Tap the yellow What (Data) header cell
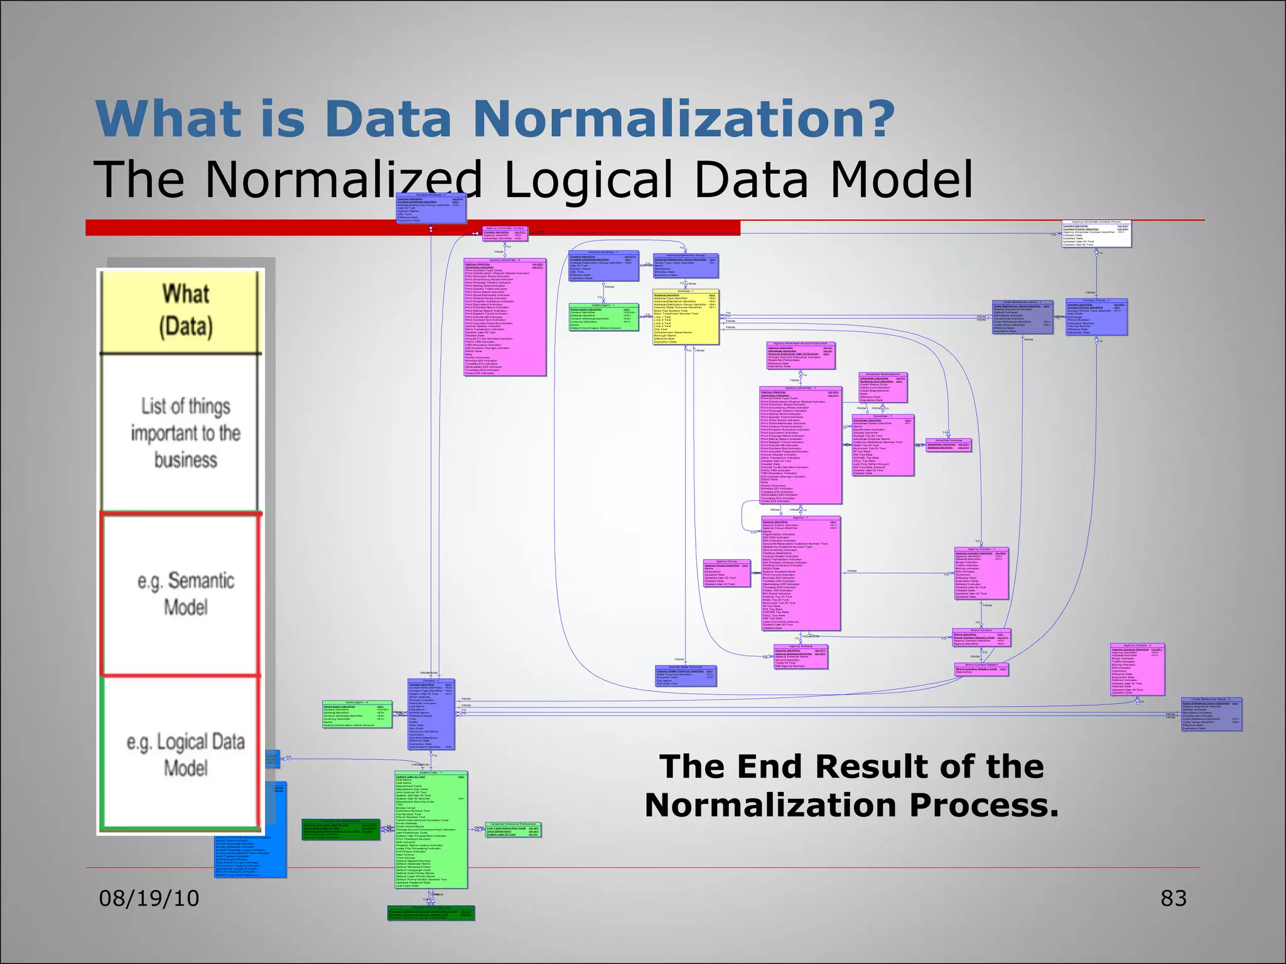(x=185, y=311)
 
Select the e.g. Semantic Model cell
(x=185, y=594)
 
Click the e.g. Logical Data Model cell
(x=185, y=754)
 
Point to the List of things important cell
(x=185, y=433)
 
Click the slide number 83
(x=1173, y=898)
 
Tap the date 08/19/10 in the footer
(x=149, y=898)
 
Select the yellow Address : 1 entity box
(x=685, y=318)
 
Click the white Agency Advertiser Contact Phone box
(x=1096, y=234)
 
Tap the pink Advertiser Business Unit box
(x=882, y=388)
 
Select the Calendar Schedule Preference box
(x=512, y=830)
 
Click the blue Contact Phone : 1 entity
(x=1096, y=318)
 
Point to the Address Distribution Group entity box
(x=685, y=266)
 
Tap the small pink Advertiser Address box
(x=948, y=445)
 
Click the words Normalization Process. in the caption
(x=851, y=805)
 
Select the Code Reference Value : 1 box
(x=1022, y=318)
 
